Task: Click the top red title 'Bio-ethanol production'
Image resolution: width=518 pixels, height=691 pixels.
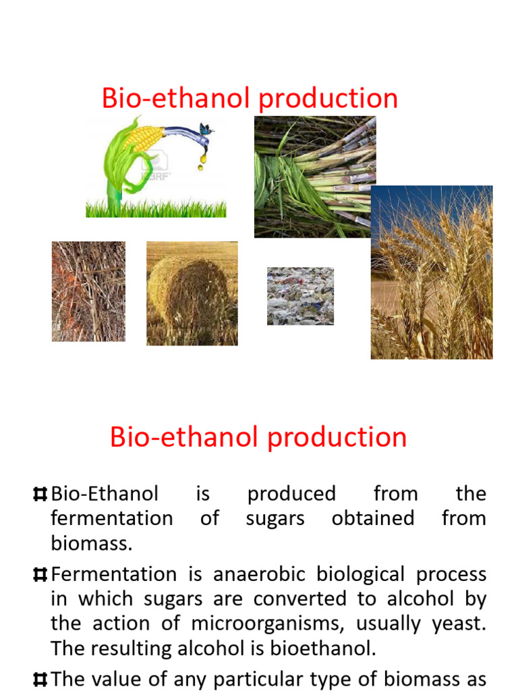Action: (x=250, y=99)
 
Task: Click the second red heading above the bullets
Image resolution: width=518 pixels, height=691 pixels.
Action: (x=258, y=437)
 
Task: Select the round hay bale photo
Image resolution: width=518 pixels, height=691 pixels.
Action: (x=192, y=294)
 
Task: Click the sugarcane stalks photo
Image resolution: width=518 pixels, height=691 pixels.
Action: (x=314, y=177)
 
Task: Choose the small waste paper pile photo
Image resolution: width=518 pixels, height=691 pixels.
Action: (x=300, y=296)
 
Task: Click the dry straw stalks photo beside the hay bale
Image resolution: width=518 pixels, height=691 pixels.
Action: (x=88, y=292)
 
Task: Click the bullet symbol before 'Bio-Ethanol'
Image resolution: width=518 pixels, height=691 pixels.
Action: (x=40, y=495)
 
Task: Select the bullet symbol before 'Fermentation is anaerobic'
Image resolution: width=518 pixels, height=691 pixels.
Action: (x=40, y=575)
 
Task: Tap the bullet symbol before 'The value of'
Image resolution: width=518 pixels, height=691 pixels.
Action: (x=40, y=679)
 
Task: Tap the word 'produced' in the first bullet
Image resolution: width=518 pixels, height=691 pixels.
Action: (x=291, y=494)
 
